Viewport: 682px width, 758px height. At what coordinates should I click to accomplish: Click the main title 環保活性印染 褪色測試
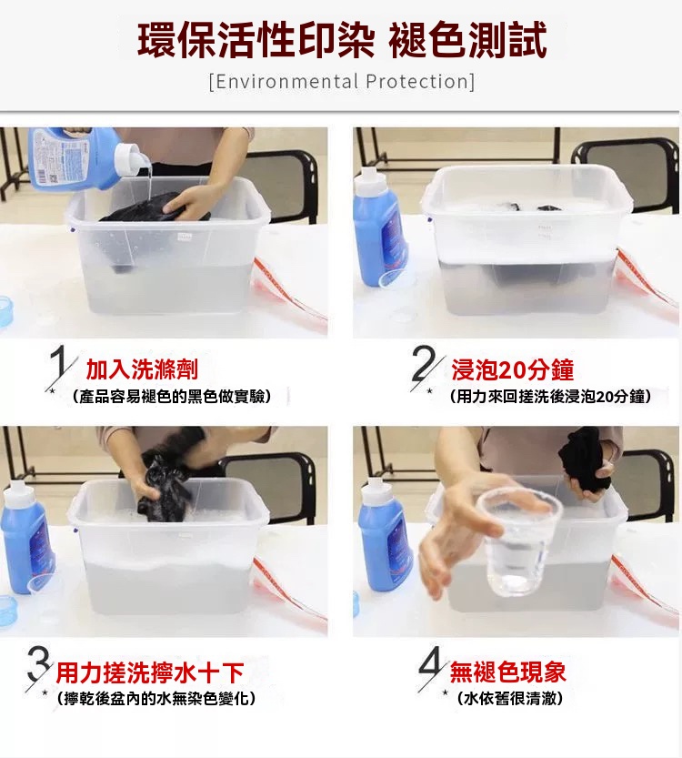pos(342,40)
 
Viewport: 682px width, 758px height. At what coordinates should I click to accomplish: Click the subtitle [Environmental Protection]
pos(342,81)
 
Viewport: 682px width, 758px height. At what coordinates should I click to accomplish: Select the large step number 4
pos(430,663)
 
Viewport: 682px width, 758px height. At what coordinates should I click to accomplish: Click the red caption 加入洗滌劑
pos(142,369)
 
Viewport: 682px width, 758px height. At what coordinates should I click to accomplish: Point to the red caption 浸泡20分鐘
pos(513,369)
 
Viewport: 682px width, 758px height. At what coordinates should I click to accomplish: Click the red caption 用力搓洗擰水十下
pos(150,672)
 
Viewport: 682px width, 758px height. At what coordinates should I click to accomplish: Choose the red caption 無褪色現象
pos(507,672)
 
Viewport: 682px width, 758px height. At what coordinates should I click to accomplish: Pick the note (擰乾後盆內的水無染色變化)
pos(156,699)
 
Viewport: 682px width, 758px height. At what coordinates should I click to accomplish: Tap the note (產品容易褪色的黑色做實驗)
pos(172,397)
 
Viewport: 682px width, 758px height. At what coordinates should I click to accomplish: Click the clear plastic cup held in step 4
pos(517,541)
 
